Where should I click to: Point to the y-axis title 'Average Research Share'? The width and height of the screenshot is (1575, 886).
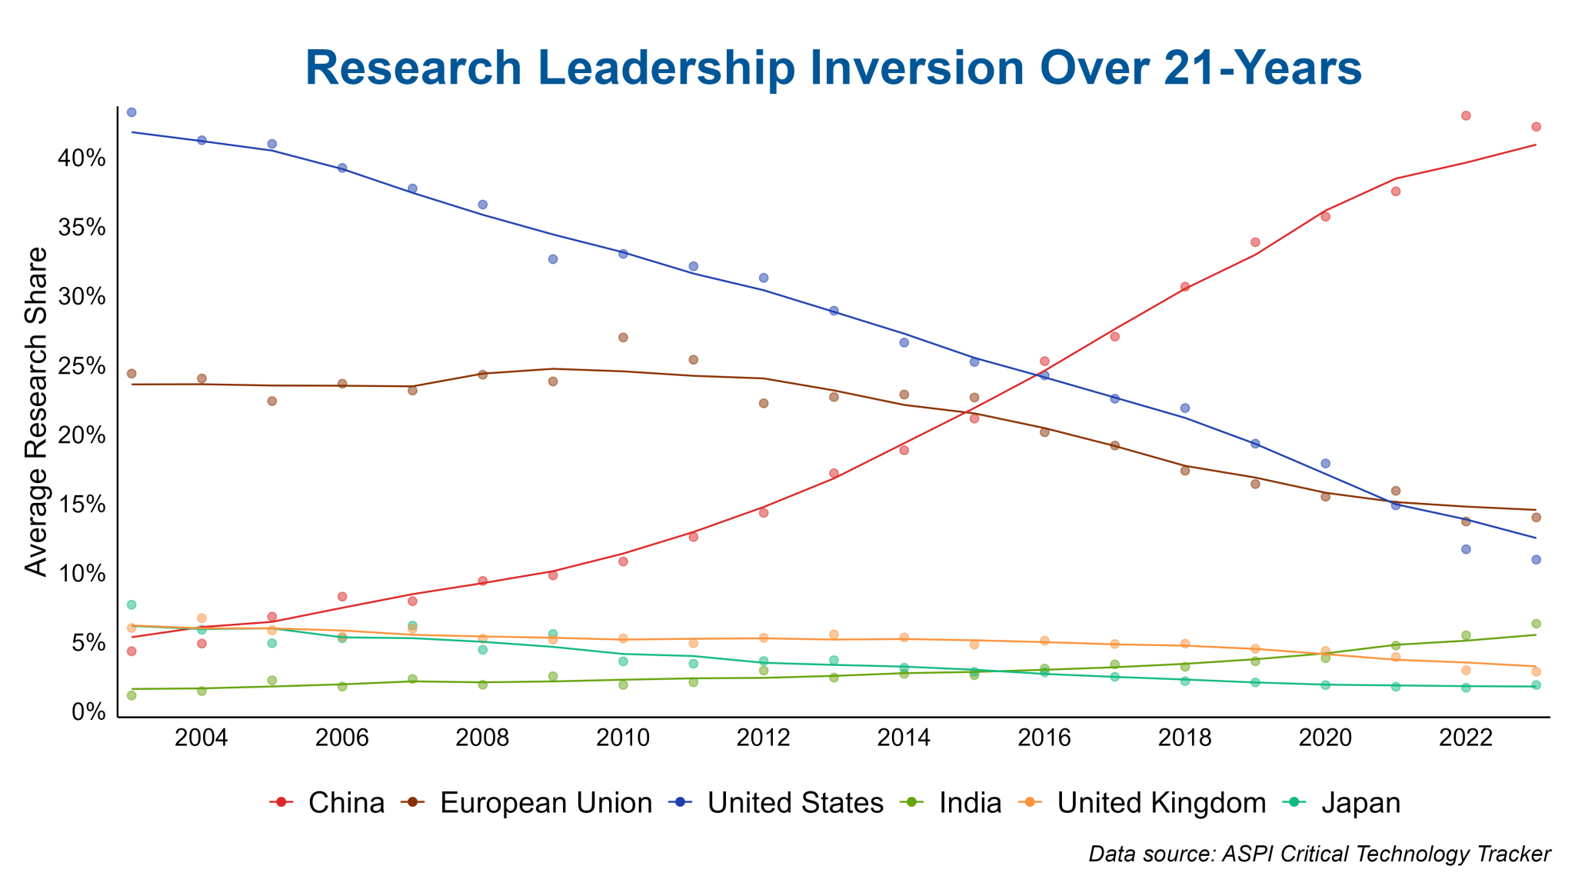tap(35, 411)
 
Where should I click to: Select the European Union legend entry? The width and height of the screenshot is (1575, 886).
tap(527, 803)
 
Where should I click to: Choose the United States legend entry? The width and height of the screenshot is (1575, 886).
tap(777, 803)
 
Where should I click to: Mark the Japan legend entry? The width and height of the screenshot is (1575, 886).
tap(1343, 803)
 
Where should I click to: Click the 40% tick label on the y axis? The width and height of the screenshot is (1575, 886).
tap(79, 159)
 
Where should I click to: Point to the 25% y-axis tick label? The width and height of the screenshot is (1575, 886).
tap(79, 366)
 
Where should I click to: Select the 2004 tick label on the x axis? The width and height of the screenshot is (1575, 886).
tap(201, 738)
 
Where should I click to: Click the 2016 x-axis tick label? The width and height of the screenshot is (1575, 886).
tap(1044, 738)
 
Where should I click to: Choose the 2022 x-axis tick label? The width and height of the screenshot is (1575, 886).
tap(1466, 738)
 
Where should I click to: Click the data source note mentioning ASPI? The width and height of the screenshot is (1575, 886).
tap(1320, 854)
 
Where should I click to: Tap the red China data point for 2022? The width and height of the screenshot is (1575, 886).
tap(1466, 116)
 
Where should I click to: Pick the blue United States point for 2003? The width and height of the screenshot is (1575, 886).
tap(132, 112)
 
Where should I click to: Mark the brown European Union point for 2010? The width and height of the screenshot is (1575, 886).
tap(623, 338)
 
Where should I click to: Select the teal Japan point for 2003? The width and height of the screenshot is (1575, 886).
tap(132, 605)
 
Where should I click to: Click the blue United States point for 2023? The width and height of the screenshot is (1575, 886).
tap(1536, 560)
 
